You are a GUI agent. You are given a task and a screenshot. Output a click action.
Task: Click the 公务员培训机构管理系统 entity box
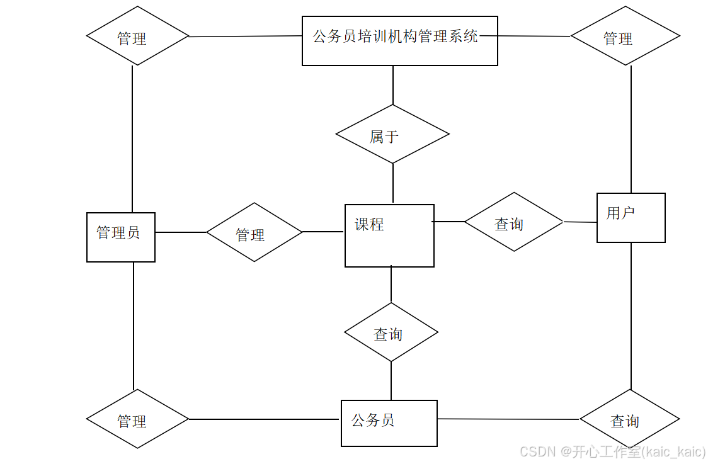pyautogui.click(x=399, y=41)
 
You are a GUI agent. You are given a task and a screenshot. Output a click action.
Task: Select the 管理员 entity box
pyautogui.click(x=121, y=237)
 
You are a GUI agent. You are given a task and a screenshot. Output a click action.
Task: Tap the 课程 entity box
pyautogui.click(x=389, y=235)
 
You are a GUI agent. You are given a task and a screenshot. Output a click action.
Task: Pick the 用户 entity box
pyautogui.click(x=631, y=217)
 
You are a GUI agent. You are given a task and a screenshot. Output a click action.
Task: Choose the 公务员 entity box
pyautogui.click(x=389, y=423)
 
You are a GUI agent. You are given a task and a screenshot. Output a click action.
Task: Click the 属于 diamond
pyautogui.click(x=392, y=134)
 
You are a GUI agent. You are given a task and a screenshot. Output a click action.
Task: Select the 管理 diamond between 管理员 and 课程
pyautogui.click(x=254, y=232)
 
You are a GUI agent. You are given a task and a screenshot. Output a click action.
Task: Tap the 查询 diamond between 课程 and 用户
pyautogui.click(x=513, y=222)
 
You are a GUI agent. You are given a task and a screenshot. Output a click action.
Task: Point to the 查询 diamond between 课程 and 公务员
pyautogui.click(x=391, y=332)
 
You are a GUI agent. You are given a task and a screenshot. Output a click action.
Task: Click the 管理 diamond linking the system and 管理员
pyautogui.click(x=137, y=36)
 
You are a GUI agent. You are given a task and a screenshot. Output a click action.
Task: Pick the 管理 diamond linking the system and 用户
pyautogui.click(x=625, y=36)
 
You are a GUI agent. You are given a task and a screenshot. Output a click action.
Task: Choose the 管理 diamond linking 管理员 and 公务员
pyautogui.click(x=137, y=419)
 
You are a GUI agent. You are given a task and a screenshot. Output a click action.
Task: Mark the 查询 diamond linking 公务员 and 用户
pyautogui.click(x=629, y=419)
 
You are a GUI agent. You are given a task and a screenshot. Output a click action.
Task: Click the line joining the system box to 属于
pyautogui.click(x=393, y=85)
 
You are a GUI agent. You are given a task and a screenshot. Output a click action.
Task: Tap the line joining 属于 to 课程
pyautogui.click(x=393, y=183)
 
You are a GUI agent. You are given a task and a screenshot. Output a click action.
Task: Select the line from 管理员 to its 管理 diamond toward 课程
pyautogui.click(x=181, y=232)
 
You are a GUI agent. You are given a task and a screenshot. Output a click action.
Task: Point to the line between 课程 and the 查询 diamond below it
pyautogui.click(x=391, y=285)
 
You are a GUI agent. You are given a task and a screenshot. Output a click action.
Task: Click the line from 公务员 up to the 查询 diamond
pyautogui.click(x=391, y=381)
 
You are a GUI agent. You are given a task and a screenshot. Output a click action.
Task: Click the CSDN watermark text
pyautogui.click(x=612, y=452)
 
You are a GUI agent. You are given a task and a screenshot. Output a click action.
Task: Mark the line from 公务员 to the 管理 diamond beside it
pyautogui.click(x=265, y=419)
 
